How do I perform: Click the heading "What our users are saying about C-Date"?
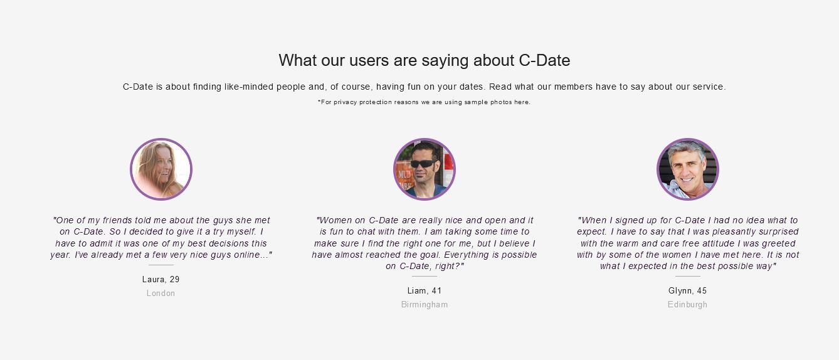coord(425,60)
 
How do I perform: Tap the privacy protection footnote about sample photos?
coord(424,102)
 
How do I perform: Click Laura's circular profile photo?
coord(161,169)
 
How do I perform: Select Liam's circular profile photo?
coord(425,169)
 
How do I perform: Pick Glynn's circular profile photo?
coord(688,169)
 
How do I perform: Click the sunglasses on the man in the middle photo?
coord(423,164)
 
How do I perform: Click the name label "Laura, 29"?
coord(161,280)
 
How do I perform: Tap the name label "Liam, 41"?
coord(425,291)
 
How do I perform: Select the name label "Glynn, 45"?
coord(688,291)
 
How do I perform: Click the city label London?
coord(161,294)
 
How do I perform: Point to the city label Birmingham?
coord(425,305)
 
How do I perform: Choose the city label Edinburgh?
coord(688,305)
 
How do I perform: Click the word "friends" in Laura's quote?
coord(117,220)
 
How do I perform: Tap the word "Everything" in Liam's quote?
coord(466,255)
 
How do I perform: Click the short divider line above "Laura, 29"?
coord(161,265)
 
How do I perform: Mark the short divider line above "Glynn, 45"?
coord(688,276)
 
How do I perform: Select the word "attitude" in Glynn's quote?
coord(717,243)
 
